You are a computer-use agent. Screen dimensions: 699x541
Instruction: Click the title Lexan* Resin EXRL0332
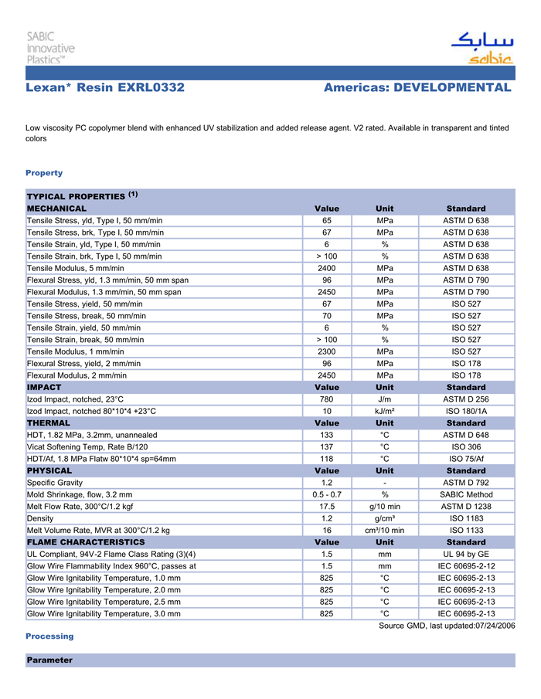[105, 87]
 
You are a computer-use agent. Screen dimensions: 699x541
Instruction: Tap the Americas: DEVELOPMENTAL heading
[417, 87]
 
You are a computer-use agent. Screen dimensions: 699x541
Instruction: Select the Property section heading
[44, 173]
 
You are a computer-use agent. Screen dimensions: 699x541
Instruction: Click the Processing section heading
[49, 636]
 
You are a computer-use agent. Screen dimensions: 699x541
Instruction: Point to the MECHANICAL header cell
[57, 209]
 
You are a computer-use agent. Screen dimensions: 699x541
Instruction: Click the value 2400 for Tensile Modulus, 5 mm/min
[327, 268]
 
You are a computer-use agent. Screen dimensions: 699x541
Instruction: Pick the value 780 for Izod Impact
[327, 399]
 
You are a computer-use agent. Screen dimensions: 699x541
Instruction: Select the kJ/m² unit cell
[384, 411]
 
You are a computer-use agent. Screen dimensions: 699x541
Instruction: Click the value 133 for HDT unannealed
[327, 435]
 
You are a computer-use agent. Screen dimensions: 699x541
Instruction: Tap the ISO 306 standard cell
[466, 446]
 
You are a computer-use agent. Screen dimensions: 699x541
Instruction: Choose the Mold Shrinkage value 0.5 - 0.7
[327, 494]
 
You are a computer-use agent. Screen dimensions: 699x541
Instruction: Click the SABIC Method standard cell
[466, 494]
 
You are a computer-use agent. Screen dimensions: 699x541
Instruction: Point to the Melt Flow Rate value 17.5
[327, 506]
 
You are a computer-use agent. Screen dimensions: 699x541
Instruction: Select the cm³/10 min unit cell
[384, 530]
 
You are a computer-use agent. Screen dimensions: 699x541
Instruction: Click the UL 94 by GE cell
[466, 554]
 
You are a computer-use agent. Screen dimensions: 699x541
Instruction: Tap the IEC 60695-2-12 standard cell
[466, 566]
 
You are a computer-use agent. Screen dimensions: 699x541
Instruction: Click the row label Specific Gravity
[55, 483]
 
